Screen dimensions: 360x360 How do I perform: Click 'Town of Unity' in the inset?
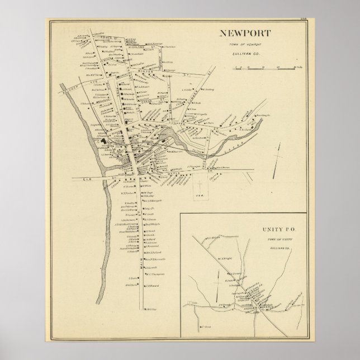point(272,239)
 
